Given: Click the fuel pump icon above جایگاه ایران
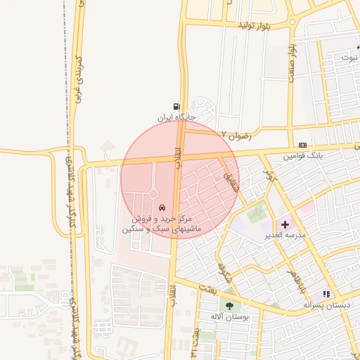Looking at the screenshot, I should pyautogui.click(x=176, y=105).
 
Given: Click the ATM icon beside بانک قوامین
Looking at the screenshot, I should pyautogui.click(x=302, y=145).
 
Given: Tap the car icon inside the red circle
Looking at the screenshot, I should pyautogui.click(x=162, y=208).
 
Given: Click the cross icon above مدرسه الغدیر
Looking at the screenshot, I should pyautogui.click(x=285, y=224).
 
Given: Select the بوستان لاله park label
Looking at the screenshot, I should pyautogui.click(x=227, y=317).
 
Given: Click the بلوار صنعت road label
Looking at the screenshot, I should pyautogui.click(x=291, y=64).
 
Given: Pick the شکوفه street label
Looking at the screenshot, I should pyautogui.click(x=224, y=271).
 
